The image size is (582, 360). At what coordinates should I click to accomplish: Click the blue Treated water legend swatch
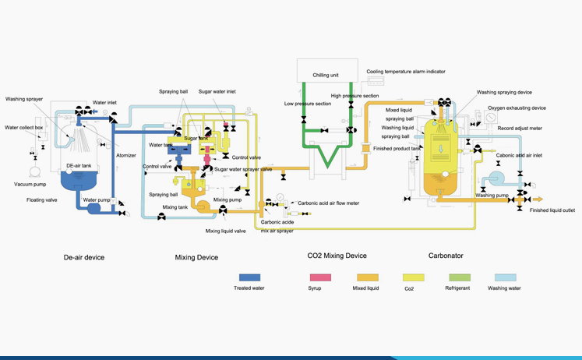249,277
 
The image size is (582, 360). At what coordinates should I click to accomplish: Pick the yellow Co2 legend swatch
414,277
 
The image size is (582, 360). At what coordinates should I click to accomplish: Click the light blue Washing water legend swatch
507,277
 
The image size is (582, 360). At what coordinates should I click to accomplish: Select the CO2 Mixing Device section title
337,256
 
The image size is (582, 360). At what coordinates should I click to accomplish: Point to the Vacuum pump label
30,185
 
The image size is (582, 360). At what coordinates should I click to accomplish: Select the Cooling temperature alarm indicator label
406,71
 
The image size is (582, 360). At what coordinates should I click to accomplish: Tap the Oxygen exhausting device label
517,108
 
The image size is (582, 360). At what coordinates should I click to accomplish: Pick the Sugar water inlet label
217,91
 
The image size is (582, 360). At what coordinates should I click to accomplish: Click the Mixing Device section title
196,256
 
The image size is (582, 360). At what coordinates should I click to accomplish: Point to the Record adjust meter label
518,126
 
